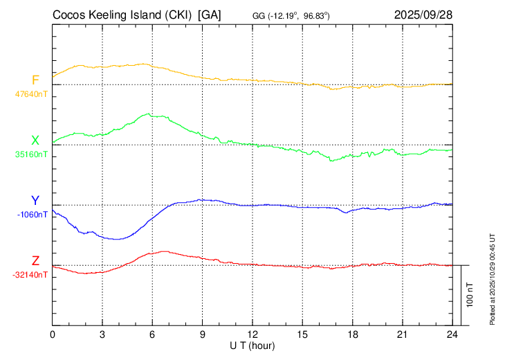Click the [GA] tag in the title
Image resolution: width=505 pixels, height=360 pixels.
tap(210, 14)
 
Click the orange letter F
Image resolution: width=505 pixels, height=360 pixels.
tap(35, 80)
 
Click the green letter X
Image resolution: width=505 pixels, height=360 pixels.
tap(35, 141)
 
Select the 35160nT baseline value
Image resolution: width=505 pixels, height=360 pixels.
tap(31, 154)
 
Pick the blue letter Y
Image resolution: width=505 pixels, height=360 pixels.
tap(35, 201)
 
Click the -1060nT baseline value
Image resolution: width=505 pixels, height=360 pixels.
tap(33, 214)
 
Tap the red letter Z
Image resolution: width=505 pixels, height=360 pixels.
tap(35, 261)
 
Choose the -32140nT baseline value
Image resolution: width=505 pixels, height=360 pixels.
tap(31, 274)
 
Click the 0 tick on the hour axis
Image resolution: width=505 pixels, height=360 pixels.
tap(53, 334)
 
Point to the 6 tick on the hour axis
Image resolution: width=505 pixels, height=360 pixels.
tap(152, 334)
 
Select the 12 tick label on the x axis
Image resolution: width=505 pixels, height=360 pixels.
tap(252, 334)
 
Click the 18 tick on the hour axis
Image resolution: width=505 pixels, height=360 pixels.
tap(352, 334)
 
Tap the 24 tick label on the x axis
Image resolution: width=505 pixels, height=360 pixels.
tap(452, 334)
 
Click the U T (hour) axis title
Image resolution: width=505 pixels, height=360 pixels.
tap(252, 345)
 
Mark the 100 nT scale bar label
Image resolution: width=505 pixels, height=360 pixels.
tap(470, 295)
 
